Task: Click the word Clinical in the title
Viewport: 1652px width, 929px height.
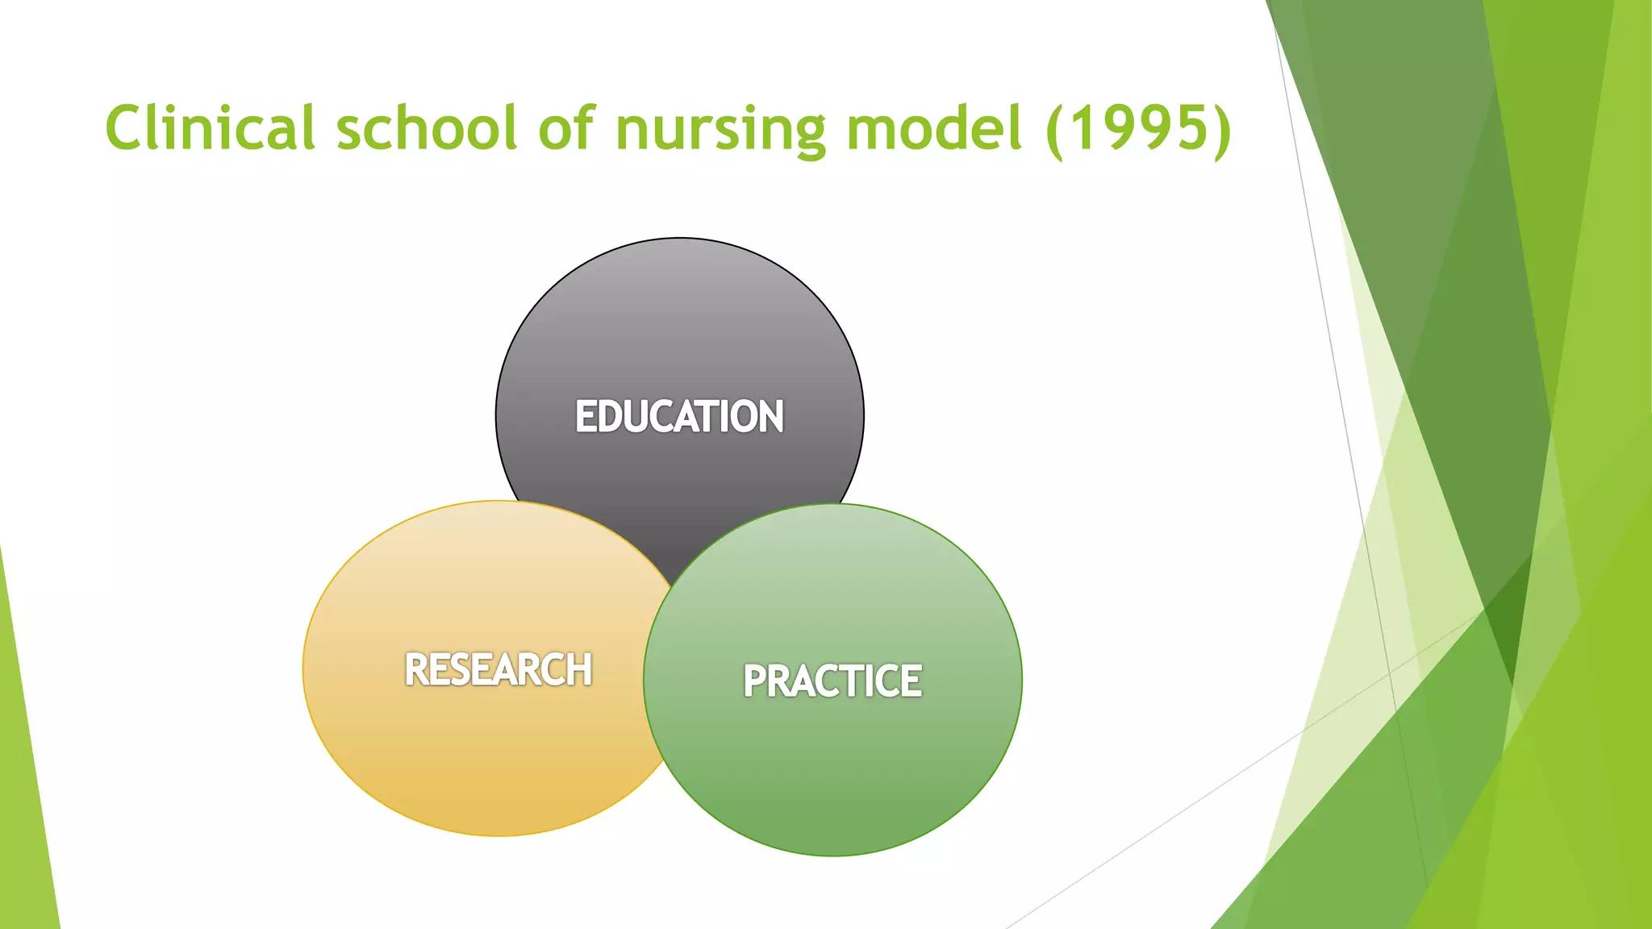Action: [210, 127]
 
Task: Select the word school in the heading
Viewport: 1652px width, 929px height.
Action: [427, 127]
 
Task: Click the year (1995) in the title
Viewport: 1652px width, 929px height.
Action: [1138, 127]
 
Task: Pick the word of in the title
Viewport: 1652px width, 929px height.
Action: [567, 127]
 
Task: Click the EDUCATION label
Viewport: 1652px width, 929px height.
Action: [679, 417]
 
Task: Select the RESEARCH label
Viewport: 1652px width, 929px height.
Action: [499, 670]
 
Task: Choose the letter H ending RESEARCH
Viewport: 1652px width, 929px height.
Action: [579, 670]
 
